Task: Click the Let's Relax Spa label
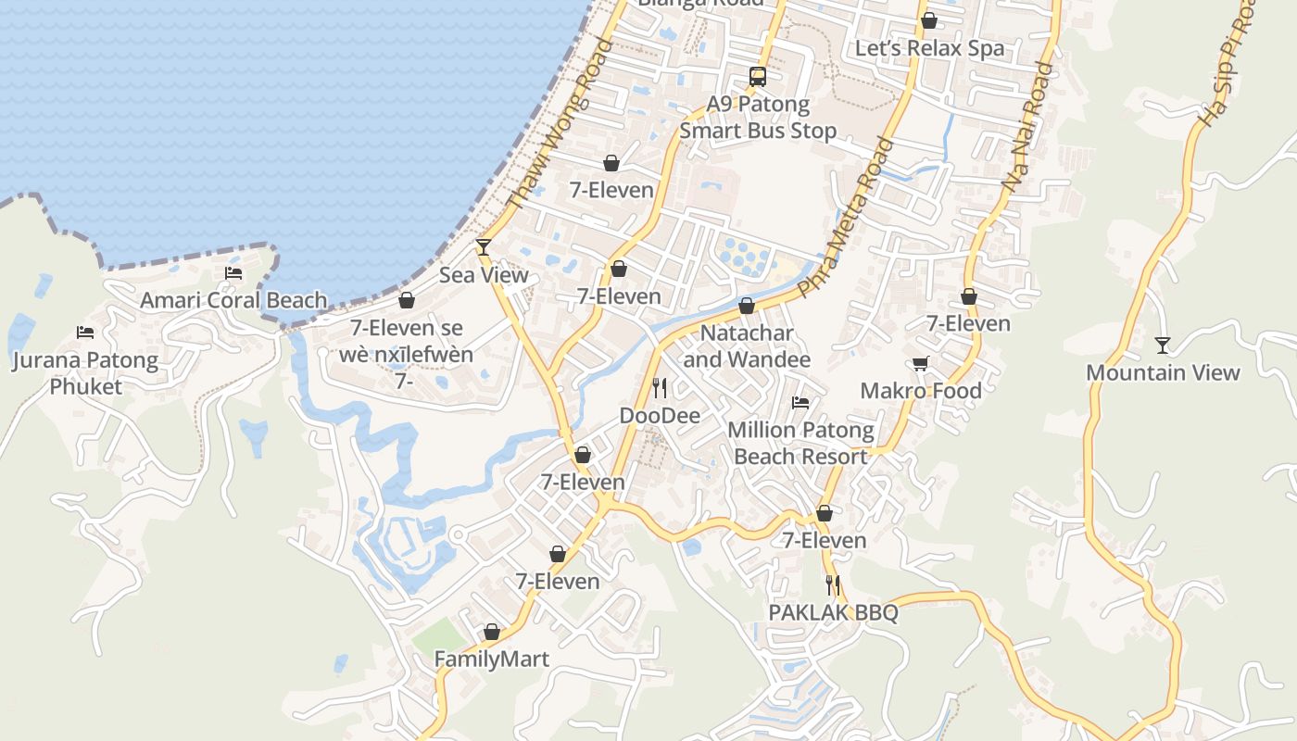click(x=929, y=48)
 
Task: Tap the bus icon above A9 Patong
click(x=758, y=77)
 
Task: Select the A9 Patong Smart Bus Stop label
click(x=758, y=118)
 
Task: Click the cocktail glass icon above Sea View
click(x=483, y=246)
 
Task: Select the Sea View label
click(x=484, y=275)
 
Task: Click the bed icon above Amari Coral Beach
click(x=233, y=272)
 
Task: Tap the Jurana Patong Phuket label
click(x=85, y=373)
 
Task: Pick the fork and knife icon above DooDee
click(x=660, y=387)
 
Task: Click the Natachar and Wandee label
click(x=747, y=346)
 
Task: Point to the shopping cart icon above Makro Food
click(x=920, y=363)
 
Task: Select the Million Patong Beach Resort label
click(x=800, y=443)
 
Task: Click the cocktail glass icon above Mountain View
click(x=1163, y=345)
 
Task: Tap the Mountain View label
click(x=1163, y=373)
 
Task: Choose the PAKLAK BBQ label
click(x=833, y=613)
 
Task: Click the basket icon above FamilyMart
click(x=492, y=632)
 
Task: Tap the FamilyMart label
click(x=492, y=659)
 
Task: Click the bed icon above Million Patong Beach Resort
click(x=800, y=402)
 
